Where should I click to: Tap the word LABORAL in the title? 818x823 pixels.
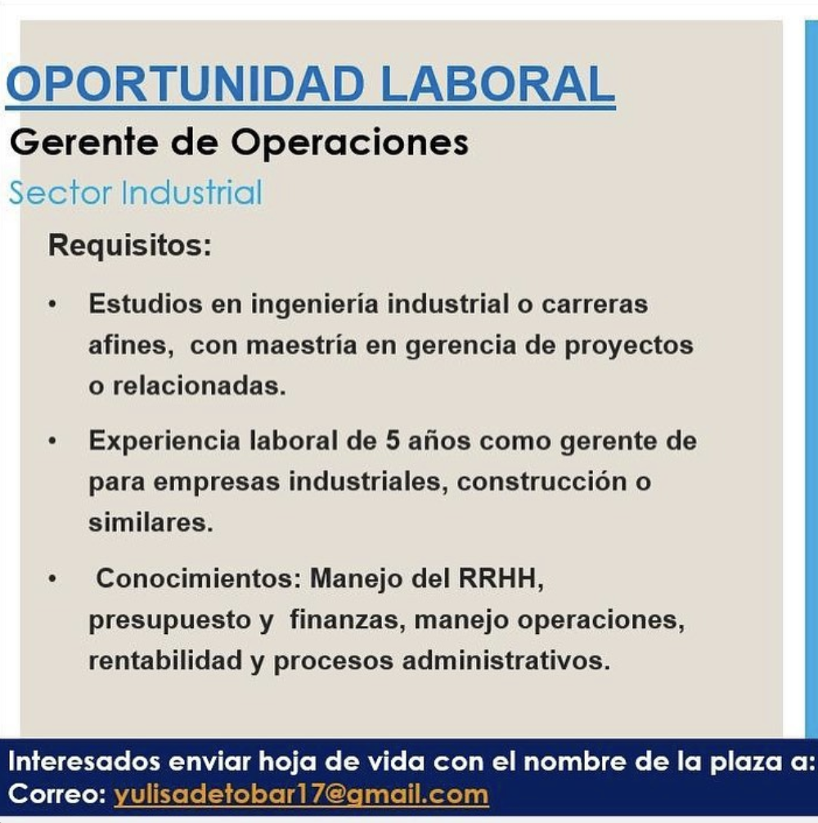coord(497,84)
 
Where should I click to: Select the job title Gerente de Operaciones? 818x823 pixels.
coord(239,143)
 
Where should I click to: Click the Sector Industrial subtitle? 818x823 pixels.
coord(135,192)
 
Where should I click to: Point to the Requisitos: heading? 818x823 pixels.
coord(129,245)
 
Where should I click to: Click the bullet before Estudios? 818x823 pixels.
coord(52,304)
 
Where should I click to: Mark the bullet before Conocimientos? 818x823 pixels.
coord(52,578)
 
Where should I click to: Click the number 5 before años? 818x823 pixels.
coord(393,440)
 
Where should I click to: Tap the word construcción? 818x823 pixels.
coord(542,482)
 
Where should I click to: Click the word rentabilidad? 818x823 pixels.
coord(164,660)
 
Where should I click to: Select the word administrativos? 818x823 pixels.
coord(506,660)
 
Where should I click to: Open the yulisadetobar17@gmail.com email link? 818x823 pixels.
coord(301,794)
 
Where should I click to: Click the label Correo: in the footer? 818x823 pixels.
coord(57,794)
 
